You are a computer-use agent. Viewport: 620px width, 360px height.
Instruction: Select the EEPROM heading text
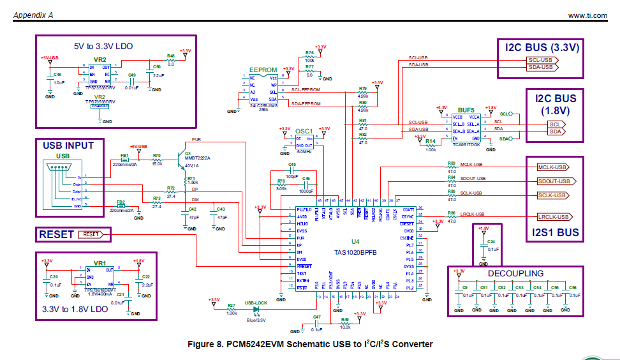(263, 70)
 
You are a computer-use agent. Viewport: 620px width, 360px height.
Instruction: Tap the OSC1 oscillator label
(304, 130)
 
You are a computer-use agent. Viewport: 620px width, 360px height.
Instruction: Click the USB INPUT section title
(68, 145)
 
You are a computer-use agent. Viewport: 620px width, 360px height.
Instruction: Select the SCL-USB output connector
(542, 59)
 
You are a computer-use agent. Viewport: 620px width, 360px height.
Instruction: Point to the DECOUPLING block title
(517, 273)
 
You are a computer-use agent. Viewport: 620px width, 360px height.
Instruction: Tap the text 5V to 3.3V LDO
(103, 46)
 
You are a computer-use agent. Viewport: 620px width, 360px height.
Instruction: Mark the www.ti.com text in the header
(586, 15)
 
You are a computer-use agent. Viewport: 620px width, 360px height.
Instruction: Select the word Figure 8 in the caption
(207, 344)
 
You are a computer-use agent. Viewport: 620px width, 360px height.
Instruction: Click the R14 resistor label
(430, 140)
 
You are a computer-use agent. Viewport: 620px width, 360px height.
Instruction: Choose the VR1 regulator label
(100, 262)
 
